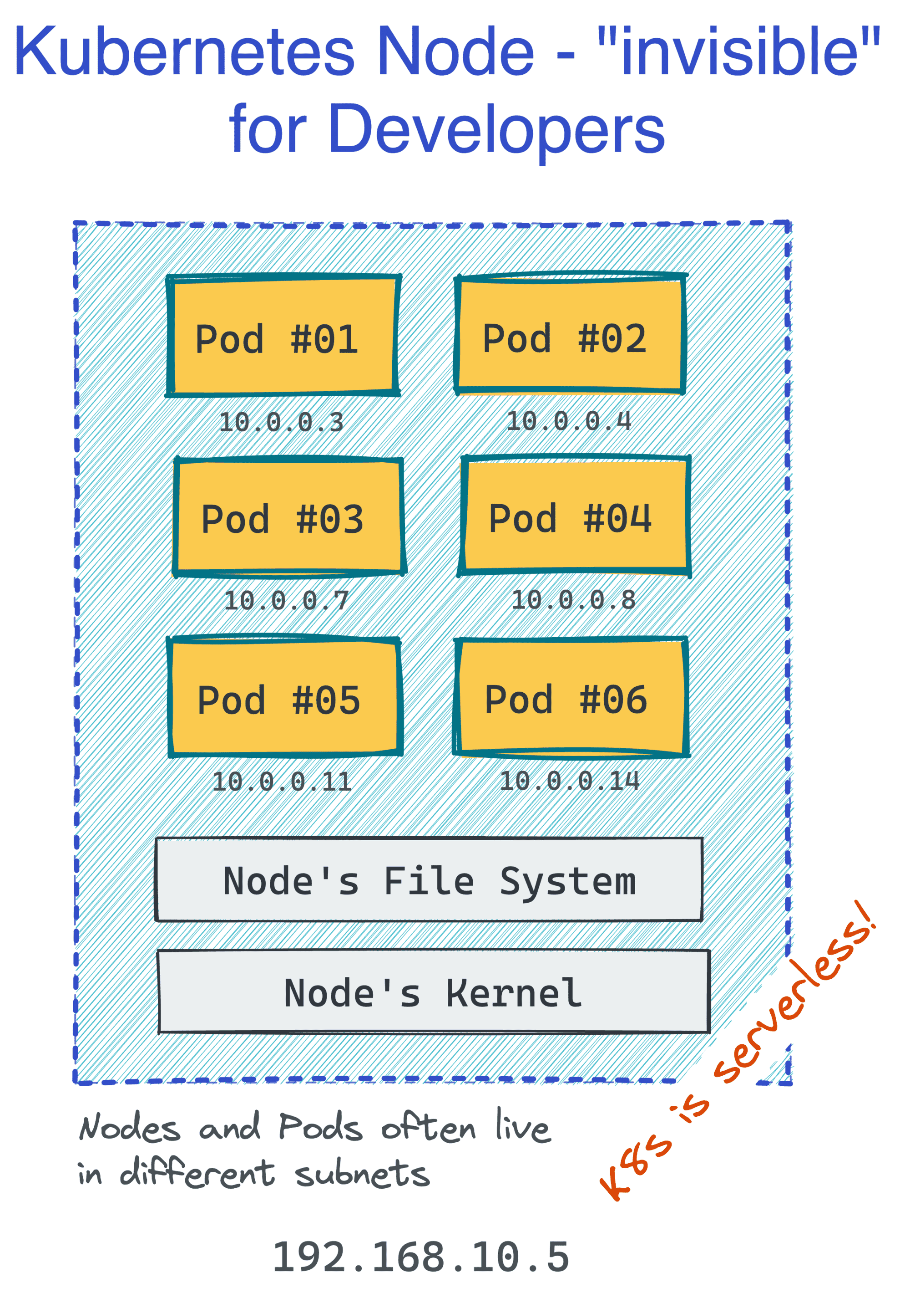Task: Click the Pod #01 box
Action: tap(283, 336)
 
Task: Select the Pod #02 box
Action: tap(571, 333)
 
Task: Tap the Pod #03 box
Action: tap(289, 517)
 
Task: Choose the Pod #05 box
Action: tap(285, 697)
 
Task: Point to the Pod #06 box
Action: tap(571, 697)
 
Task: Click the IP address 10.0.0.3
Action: tap(281, 422)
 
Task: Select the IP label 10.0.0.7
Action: tap(287, 601)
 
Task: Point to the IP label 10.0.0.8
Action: tap(573, 600)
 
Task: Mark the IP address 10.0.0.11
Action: tap(282, 782)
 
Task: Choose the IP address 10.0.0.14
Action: tap(570, 781)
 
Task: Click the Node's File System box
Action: tap(429, 879)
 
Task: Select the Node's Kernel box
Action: tap(433, 991)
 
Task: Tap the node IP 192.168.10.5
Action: tap(421, 1257)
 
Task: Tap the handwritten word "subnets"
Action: tap(362, 1174)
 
